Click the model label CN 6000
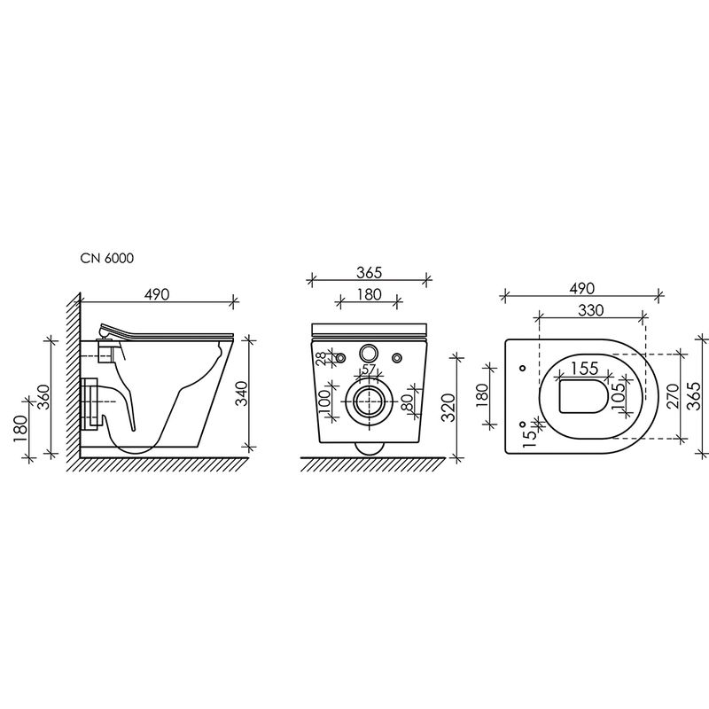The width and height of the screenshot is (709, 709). coord(107,258)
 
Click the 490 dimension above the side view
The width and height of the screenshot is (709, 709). coord(157,294)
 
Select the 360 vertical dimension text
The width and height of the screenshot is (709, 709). coord(43,396)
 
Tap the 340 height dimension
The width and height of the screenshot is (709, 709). coord(242,393)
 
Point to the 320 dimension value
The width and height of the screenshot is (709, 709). coord(448,407)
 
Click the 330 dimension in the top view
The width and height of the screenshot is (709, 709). coord(591,310)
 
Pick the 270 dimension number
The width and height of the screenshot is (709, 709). coord(674,396)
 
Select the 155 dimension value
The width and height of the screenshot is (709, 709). coord(585,369)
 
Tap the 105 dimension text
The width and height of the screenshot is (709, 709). coord(619,393)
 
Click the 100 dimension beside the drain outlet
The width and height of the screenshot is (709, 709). coord(325,402)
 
